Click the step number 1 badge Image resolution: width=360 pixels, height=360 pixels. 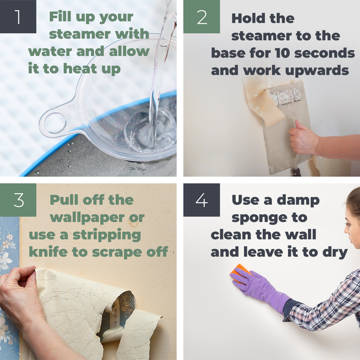[18, 17]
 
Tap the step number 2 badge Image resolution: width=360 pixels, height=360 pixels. [202, 17]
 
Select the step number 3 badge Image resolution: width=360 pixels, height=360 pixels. [18, 200]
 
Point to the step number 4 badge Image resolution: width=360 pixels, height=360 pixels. [202, 200]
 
